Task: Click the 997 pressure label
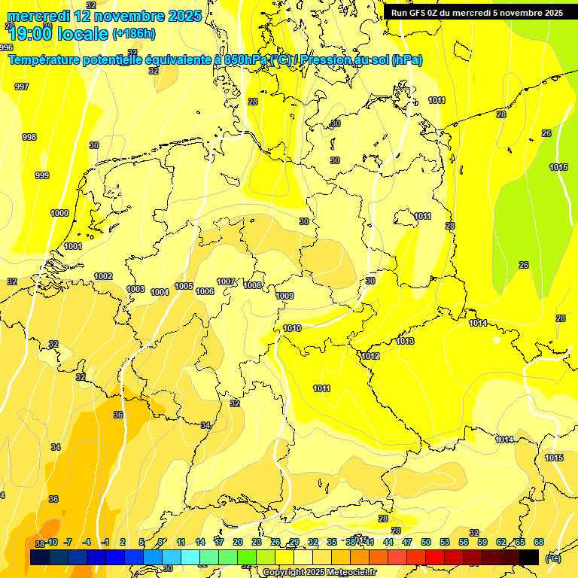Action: pyautogui.click(x=22, y=87)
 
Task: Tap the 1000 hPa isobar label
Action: pyautogui.click(x=59, y=213)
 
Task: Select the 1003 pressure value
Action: pyautogui.click(x=135, y=289)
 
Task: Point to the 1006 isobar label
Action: pyautogui.click(x=205, y=291)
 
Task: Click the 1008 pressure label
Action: pyautogui.click(x=253, y=285)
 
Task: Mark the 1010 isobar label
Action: pyautogui.click(x=292, y=328)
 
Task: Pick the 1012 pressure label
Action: pyautogui.click(x=370, y=356)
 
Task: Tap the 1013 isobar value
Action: pyautogui.click(x=405, y=341)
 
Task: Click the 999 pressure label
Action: pyautogui.click(x=42, y=175)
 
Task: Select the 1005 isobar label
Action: pyautogui.click(x=184, y=286)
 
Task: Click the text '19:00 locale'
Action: pyautogui.click(x=58, y=33)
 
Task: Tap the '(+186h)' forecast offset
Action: pyautogui.click(x=134, y=33)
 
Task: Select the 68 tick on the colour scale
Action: pyautogui.click(x=539, y=542)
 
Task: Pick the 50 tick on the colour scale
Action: pyautogui.click(x=426, y=542)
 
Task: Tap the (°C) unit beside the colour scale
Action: pyautogui.click(x=552, y=558)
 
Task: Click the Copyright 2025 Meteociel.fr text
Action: pyautogui.click(x=319, y=572)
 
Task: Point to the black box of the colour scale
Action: pyautogui.click(x=529, y=557)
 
